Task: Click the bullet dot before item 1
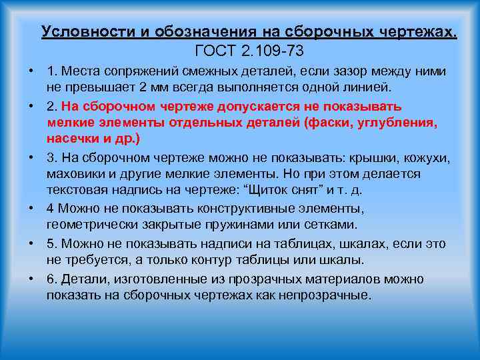tap(32, 71)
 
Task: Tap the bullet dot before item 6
tap(32, 278)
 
